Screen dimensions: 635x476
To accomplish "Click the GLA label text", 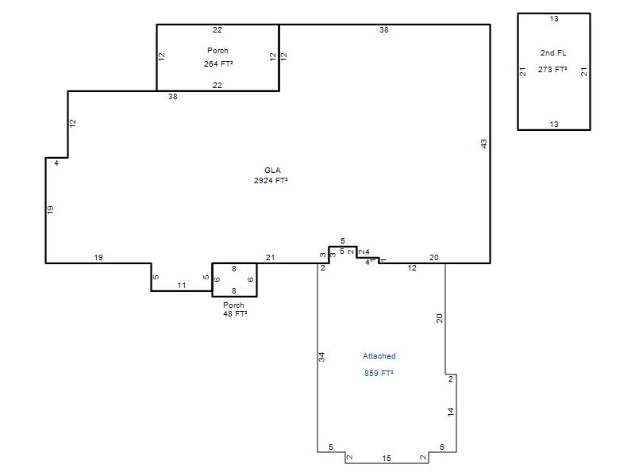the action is pyautogui.click(x=272, y=171).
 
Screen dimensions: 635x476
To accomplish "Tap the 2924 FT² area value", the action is pyautogui.click(x=271, y=181).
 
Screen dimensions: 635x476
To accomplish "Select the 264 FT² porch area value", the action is pyautogui.click(x=218, y=64).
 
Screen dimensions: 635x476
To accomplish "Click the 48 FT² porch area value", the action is pyautogui.click(x=235, y=313).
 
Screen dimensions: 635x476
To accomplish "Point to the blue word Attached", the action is pyautogui.click(x=379, y=356).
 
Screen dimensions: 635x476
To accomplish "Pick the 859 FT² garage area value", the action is pyautogui.click(x=379, y=373).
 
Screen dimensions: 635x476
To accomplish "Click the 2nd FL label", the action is pyautogui.click(x=553, y=53).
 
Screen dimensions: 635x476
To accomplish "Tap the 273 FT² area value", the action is pyautogui.click(x=552, y=70).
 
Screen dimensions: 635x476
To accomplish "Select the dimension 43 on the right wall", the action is pyautogui.click(x=484, y=144).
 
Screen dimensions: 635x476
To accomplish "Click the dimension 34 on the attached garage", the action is pyautogui.click(x=321, y=357).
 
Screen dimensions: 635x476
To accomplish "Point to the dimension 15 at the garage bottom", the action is pyautogui.click(x=387, y=459).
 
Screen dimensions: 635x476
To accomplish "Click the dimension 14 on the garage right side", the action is pyautogui.click(x=451, y=412).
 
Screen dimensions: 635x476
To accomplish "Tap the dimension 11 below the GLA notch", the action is pyautogui.click(x=182, y=286).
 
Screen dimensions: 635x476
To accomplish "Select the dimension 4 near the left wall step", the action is pyautogui.click(x=56, y=163).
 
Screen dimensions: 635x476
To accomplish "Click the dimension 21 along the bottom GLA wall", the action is pyautogui.click(x=270, y=257).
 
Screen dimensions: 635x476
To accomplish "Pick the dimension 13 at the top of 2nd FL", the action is pyautogui.click(x=554, y=19).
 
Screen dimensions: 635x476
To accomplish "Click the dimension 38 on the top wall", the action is pyautogui.click(x=384, y=30).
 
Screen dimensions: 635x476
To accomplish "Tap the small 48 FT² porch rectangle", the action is pyautogui.click(x=234, y=263).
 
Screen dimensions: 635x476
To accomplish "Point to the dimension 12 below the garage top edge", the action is pyautogui.click(x=412, y=268).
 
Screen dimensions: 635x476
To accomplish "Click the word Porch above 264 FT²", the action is pyautogui.click(x=217, y=51).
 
